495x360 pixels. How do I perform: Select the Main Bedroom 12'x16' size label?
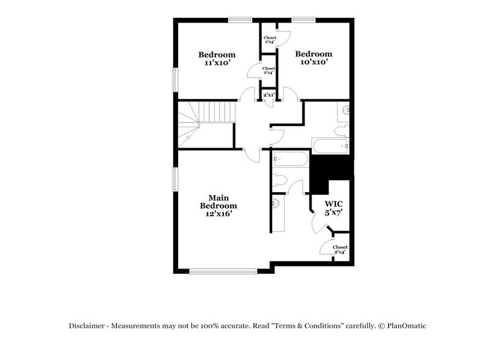[x=218, y=214]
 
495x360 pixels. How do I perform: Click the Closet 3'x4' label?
[x=269, y=40]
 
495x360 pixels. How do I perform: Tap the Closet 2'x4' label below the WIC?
[x=340, y=250]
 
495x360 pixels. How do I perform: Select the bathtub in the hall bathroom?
[x=330, y=146]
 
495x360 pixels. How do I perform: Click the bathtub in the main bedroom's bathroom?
[x=291, y=159]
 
